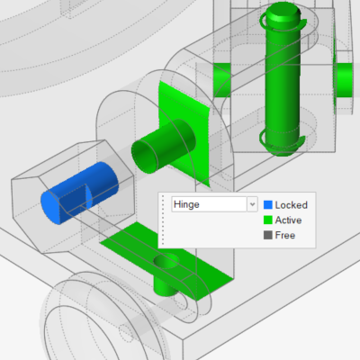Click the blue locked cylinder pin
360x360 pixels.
click(x=79, y=193)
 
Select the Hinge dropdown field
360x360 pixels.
click(x=210, y=204)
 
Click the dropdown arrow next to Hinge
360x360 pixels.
click(x=252, y=204)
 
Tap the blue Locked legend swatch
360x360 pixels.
click(x=268, y=205)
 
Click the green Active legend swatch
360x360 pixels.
click(x=268, y=220)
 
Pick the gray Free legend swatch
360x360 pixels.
click(x=268, y=235)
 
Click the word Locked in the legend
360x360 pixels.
click(x=292, y=205)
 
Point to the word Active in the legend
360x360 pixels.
click(x=288, y=220)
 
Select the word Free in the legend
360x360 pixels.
click(x=285, y=235)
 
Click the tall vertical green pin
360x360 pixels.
click(x=283, y=81)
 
